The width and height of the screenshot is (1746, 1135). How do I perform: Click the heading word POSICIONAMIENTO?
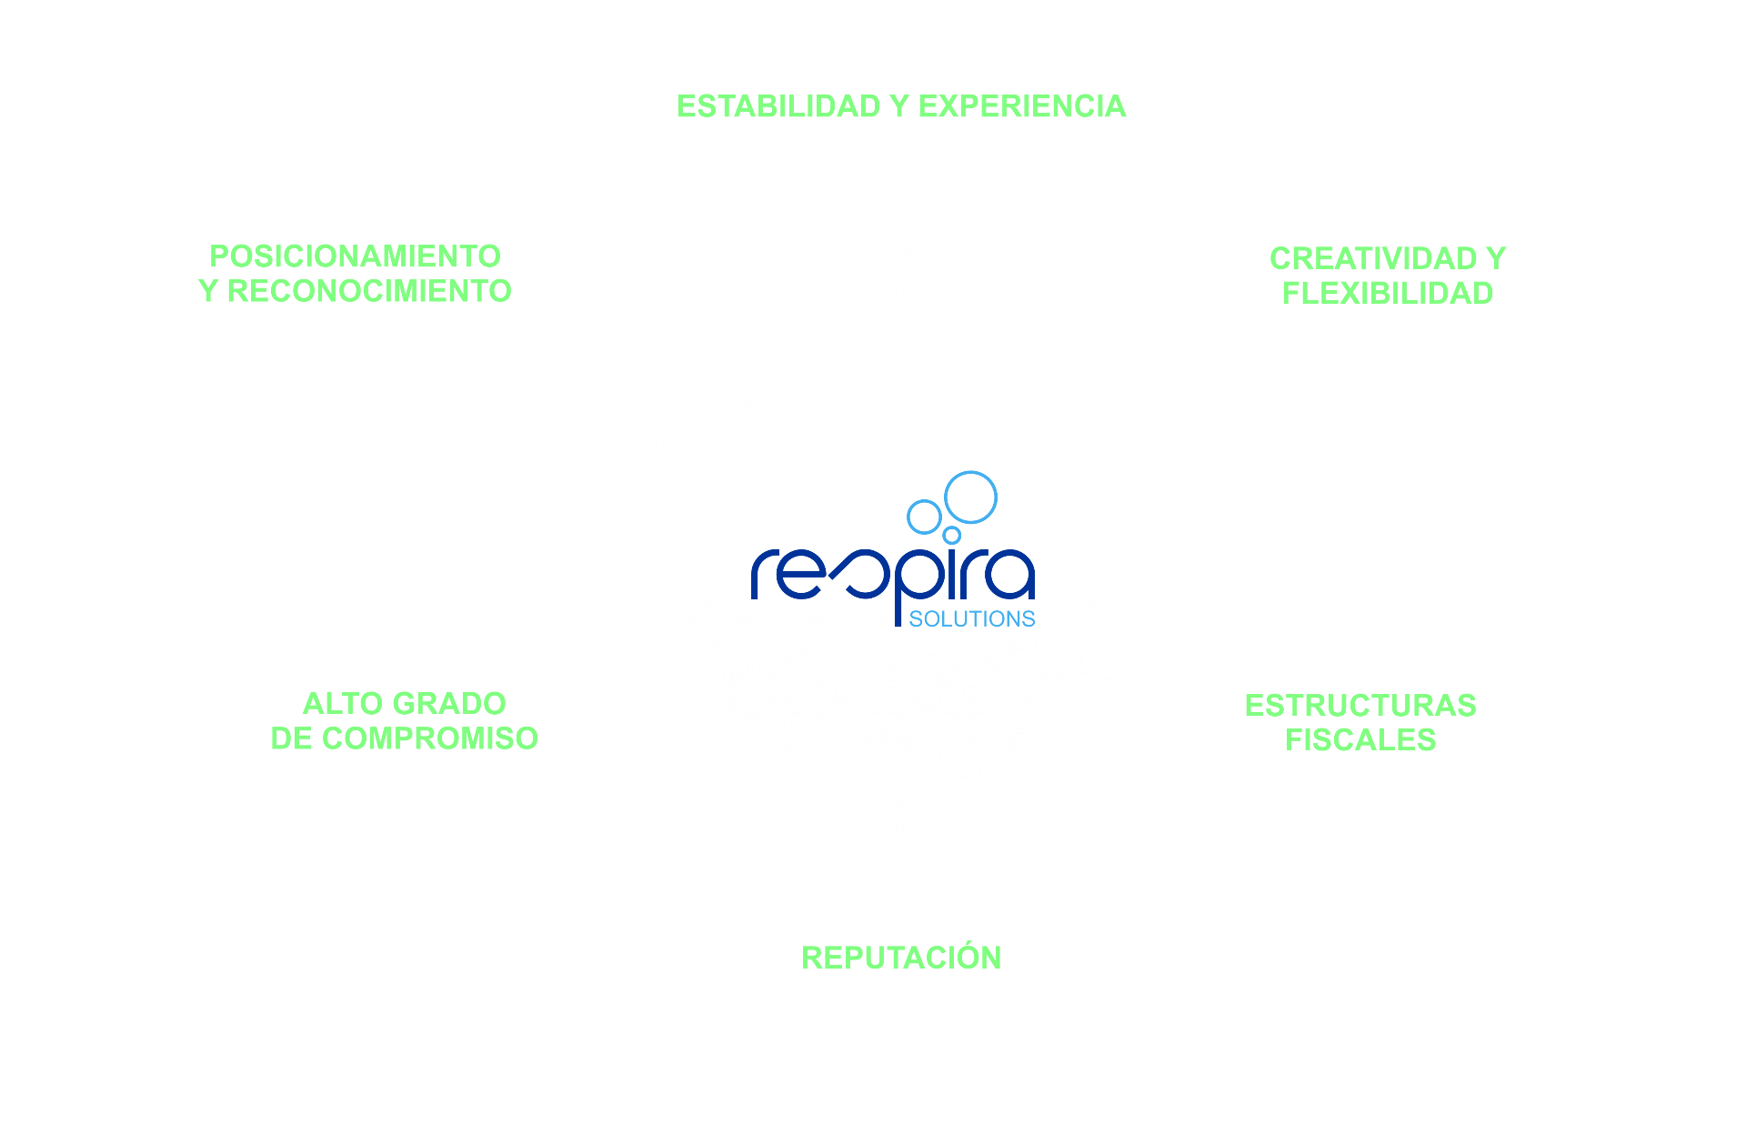pyautogui.click(x=355, y=256)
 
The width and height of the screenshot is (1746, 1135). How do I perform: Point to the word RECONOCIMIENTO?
pyautogui.click(x=368, y=291)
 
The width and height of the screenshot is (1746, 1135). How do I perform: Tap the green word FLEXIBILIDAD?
pyautogui.click(x=1387, y=293)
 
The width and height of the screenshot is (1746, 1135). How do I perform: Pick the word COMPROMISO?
pyautogui.click(x=429, y=738)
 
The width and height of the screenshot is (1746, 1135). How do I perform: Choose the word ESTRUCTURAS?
pyautogui.click(x=1360, y=706)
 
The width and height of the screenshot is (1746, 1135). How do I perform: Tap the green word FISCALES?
pyautogui.click(x=1360, y=740)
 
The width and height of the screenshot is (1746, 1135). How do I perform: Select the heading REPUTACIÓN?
pyautogui.click(x=900, y=958)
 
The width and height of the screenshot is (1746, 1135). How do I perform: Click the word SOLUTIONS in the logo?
pyautogui.click(x=971, y=619)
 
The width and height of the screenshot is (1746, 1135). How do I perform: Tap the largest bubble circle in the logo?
pyautogui.click(x=970, y=497)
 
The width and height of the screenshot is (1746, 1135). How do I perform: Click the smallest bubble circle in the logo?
pyautogui.click(x=952, y=535)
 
